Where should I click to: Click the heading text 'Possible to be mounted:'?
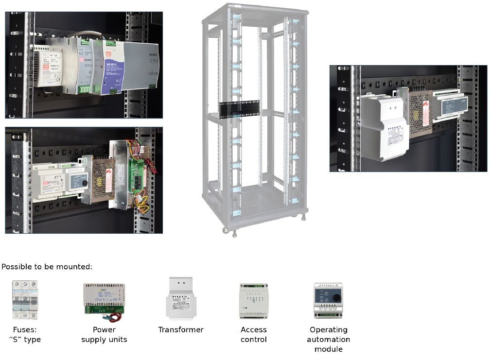tap(47, 267)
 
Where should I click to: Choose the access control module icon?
tap(253, 301)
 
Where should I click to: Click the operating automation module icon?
tap(328, 300)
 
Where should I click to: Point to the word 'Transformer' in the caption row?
tap(181, 330)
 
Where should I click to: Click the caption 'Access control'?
tap(254, 334)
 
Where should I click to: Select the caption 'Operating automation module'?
tap(329, 339)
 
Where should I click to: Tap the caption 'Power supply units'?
tap(104, 334)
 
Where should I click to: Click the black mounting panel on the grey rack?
tap(239, 109)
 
